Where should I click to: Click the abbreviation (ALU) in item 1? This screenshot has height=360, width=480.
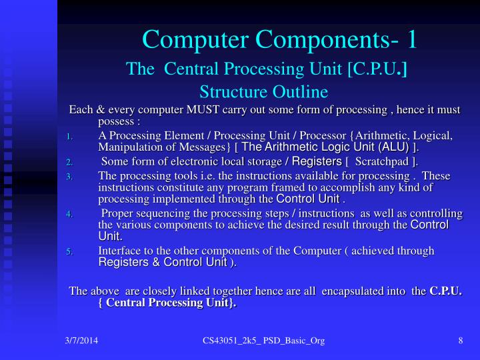coord(393,147)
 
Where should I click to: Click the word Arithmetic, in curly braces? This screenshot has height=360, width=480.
coord(392,135)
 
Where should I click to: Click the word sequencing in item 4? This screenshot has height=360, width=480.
coord(163,213)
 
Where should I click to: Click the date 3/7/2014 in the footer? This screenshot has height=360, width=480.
coord(81,341)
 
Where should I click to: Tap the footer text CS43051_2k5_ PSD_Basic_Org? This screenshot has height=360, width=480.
coord(265,341)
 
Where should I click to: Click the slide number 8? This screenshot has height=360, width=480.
coord(460,341)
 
